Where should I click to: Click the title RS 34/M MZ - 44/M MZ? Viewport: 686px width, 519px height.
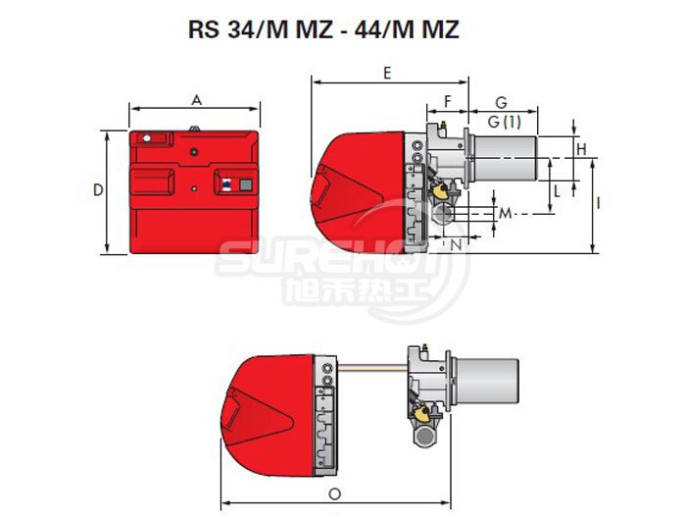323,29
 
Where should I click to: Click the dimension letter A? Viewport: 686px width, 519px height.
197,100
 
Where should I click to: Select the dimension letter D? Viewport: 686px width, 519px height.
98,190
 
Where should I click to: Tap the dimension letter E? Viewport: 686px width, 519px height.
387,74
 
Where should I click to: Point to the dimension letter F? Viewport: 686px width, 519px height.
447,102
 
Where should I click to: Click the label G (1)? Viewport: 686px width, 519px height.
505,122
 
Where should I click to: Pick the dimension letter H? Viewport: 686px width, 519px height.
581,149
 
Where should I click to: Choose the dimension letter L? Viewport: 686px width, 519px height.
557,191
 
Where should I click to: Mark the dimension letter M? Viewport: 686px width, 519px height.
506,213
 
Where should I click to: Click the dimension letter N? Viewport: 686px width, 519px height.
456,245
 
